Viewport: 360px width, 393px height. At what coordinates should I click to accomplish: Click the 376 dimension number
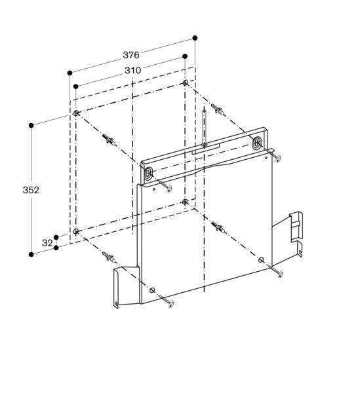coord(132,56)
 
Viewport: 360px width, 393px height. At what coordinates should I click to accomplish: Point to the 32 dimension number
coord(47,242)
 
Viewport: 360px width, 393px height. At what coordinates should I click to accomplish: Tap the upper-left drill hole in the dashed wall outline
coord(77,113)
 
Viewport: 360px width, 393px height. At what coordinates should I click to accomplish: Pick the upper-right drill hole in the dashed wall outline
coord(186,83)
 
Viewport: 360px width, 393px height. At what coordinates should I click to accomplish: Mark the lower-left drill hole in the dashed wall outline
coord(77,231)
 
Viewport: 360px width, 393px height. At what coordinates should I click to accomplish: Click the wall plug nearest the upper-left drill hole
coord(109,140)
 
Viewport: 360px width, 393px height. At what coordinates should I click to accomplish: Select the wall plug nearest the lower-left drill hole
coord(109,257)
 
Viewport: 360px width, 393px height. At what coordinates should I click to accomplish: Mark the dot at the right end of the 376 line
coord(195,38)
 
